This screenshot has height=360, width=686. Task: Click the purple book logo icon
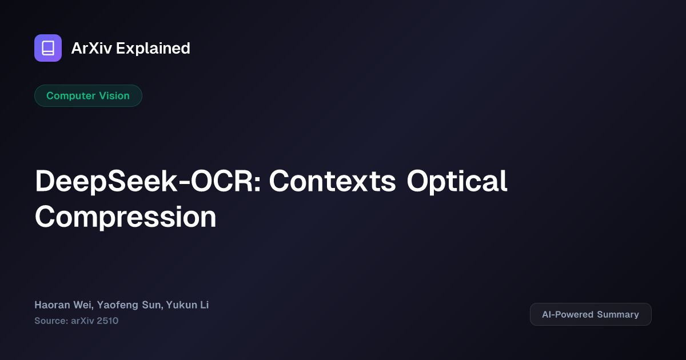coord(48,48)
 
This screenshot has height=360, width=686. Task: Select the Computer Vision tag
coord(88,96)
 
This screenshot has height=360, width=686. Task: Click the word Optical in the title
coord(457,182)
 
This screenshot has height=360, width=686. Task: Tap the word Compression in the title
coord(125,217)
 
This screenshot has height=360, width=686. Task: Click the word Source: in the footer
coord(50,321)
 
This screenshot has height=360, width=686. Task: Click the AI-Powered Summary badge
coord(591,314)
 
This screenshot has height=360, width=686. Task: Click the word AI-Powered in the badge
coord(568,314)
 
